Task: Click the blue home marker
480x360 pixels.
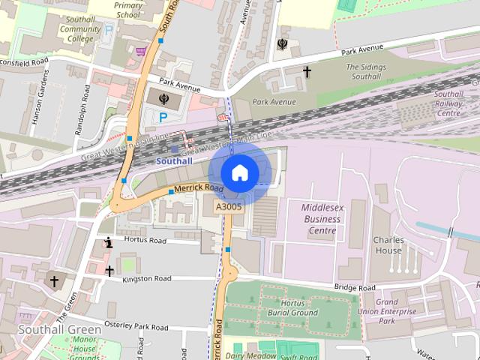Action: pyautogui.click(x=238, y=172)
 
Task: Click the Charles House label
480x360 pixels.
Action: pyautogui.click(x=388, y=245)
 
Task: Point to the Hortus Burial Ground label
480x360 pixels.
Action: pyautogui.click(x=292, y=307)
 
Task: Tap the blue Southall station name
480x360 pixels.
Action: pyautogui.click(x=173, y=161)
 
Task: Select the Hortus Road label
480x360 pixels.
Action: pyautogui.click(x=146, y=241)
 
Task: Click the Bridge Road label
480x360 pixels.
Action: pyautogui.click(x=355, y=287)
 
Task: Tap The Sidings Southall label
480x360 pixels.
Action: pyautogui.click(x=366, y=72)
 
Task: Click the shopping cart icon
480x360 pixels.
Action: pyautogui.click(x=140, y=51)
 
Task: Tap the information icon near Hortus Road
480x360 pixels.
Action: pyautogui.click(x=109, y=242)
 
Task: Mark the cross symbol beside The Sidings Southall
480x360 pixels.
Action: pyautogui.click(x=307, y=72)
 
